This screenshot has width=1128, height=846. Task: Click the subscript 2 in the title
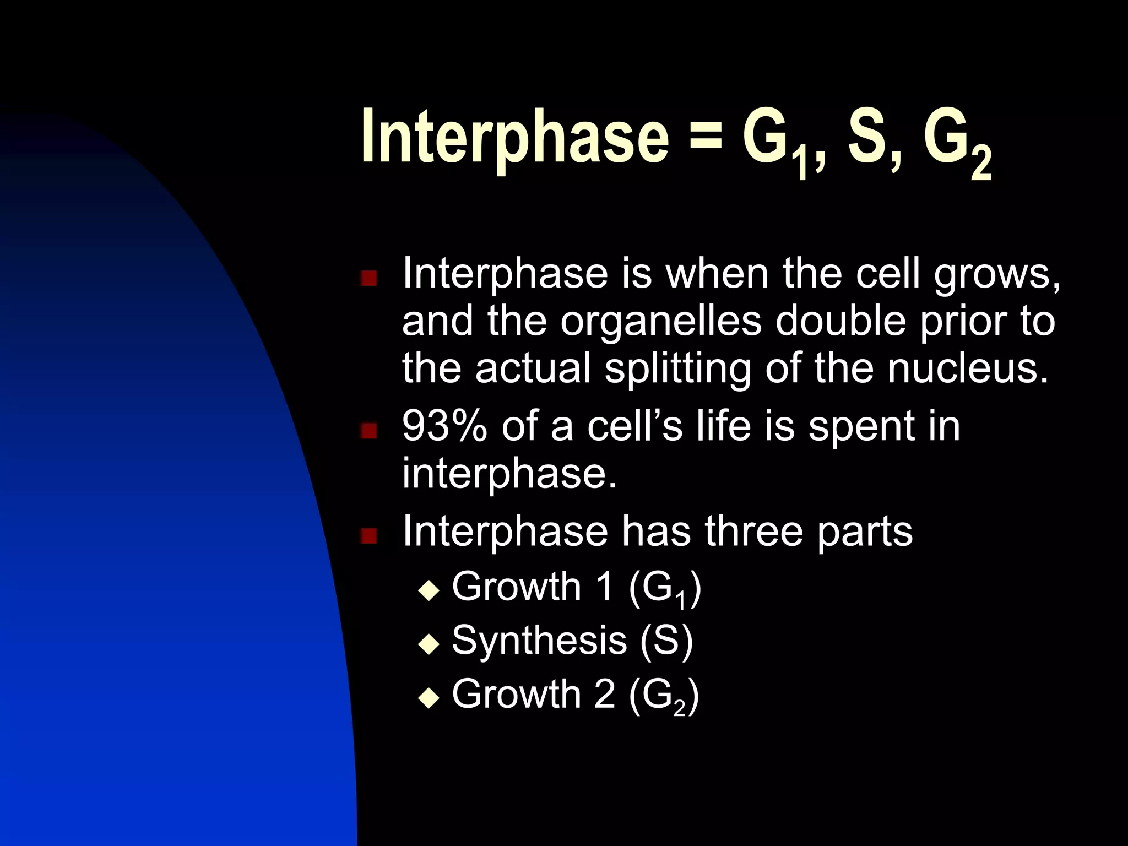pos(981,165)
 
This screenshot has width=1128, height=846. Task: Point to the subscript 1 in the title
pos(801,165)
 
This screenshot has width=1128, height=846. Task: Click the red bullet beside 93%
pos(368,430)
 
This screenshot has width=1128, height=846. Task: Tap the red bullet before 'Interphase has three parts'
pos(368,535)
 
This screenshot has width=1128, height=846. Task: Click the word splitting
pos(677,369)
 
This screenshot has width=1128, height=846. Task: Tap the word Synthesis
pos(539,641)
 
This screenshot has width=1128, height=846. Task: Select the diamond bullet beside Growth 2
pos(429,699)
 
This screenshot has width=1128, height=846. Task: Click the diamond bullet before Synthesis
pos(429,644)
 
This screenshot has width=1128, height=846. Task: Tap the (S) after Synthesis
pos(666,641)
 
